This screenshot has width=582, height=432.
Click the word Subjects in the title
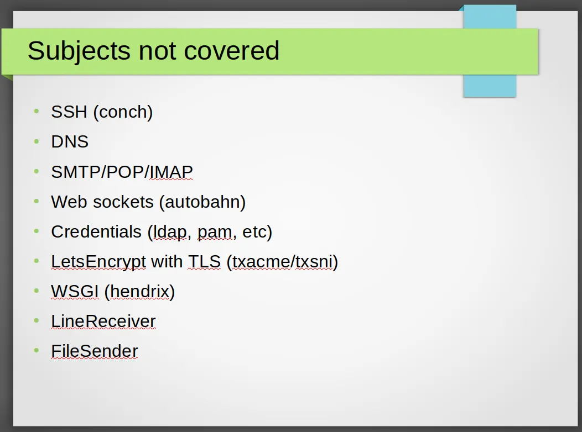79,51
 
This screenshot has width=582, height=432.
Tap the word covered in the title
232,50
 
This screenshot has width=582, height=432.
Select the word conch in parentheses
123,112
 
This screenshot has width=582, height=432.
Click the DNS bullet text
70,141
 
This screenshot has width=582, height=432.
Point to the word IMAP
171,172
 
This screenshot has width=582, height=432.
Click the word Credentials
96,231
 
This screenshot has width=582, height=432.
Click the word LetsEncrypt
98,262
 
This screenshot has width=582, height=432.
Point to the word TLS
205,261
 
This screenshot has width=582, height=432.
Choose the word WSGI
75,291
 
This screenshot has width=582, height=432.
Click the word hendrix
139,291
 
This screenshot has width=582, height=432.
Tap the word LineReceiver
103,321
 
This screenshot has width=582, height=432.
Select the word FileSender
94,351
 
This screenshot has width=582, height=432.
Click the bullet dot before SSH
37,111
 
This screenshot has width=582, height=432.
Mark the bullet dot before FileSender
37,350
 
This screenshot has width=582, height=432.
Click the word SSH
69,112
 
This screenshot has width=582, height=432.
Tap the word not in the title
157,51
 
